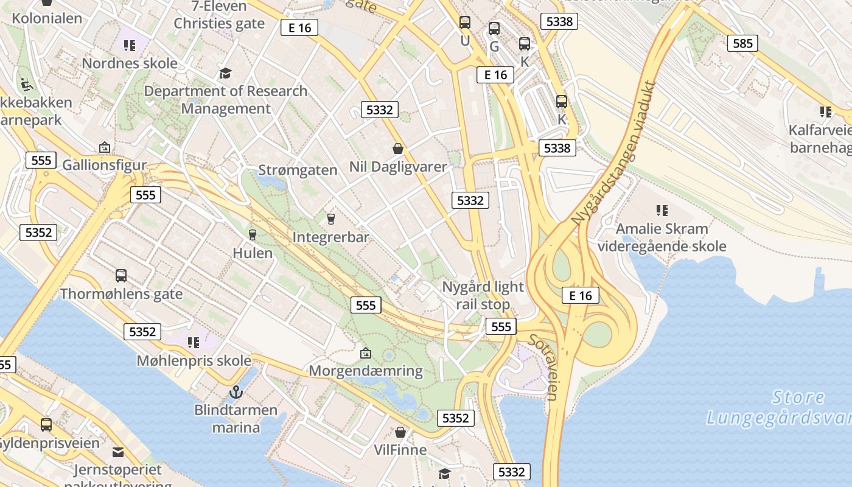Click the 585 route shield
click(x=742, y=43)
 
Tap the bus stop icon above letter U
click(x=465, y=23)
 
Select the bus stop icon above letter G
click(x=494, y=29)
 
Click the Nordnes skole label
click(x=130, y=63)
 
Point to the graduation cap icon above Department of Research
click(x=226, y=74)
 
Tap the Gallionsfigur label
click(x=105, y=165)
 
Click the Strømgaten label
click(x=298, y=170)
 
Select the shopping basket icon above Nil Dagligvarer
click(x=398, y=149)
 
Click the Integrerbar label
click(x=331, y=237)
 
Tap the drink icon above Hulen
click(x=253, y=234)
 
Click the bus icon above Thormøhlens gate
click(x=121, y=276)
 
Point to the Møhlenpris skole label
click(x=194, y=361)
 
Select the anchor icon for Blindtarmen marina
click(x=236, y=392)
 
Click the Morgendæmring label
click(x=366, y=371)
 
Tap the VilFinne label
click(x=400, y=450)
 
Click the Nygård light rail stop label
click(x=483, y=295)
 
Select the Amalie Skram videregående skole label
click(x=662, y=237)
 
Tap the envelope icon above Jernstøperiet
click(x=118, y=452)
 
